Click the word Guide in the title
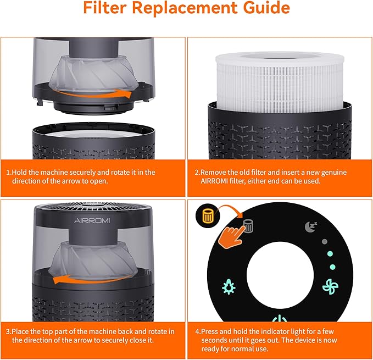coord(263,9)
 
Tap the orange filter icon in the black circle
coord(208,216)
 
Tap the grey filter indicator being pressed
coord(248,226)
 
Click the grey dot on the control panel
coord(324,241)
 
